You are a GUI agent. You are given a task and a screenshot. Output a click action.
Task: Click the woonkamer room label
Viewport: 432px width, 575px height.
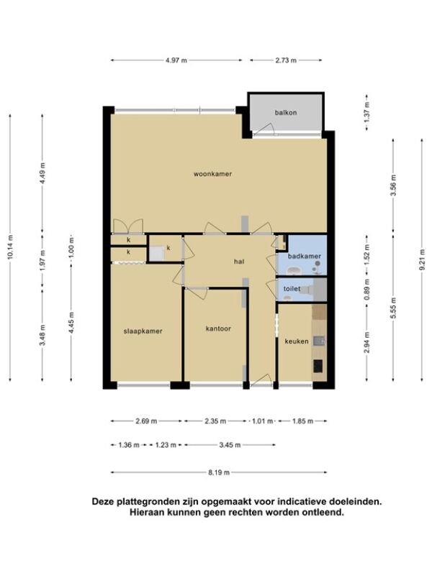212,174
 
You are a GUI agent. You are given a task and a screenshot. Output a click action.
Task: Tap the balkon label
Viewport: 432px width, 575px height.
285,113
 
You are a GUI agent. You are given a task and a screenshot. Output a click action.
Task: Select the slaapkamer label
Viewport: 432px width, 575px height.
143,331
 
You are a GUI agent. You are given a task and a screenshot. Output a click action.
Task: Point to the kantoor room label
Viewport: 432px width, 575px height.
218,328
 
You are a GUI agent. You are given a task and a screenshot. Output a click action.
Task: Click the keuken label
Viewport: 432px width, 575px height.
297,341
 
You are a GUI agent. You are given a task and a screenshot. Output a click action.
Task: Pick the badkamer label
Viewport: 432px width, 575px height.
304,256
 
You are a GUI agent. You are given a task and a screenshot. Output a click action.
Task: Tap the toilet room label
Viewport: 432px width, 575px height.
292,289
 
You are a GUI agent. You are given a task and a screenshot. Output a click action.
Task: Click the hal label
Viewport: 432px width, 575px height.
239,262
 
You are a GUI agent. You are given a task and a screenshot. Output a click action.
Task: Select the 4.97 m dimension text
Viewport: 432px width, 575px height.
176,60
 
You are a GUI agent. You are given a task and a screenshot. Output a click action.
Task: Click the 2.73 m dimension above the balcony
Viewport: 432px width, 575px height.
286,60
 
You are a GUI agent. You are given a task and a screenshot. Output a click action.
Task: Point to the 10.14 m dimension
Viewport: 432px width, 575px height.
10,247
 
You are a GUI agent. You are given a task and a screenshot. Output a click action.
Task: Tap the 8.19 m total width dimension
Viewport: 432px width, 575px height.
219,473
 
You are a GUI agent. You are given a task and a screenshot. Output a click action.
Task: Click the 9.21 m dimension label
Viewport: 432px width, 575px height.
422,259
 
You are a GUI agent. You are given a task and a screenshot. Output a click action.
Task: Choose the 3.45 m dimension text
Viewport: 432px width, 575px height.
230,445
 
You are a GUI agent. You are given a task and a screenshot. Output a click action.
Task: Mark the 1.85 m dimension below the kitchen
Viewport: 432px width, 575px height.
302,421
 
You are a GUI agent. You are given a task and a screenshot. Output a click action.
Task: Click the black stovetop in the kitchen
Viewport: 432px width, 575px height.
318,366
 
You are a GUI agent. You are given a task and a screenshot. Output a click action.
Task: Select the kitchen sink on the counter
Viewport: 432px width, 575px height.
319,341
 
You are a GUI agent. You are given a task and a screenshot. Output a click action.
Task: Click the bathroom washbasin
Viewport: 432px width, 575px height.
294,271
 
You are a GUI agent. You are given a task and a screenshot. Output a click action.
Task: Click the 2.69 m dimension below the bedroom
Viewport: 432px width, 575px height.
146,421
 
